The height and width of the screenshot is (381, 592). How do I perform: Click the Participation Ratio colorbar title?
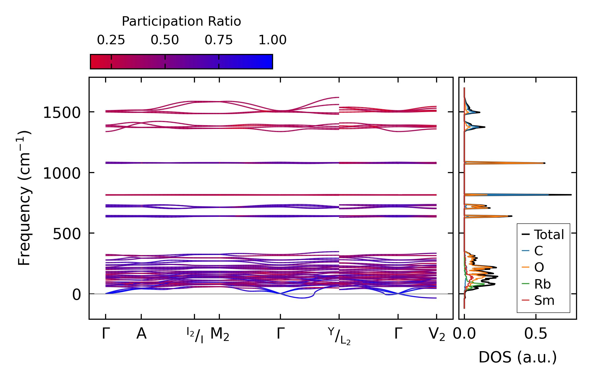pos(181,21)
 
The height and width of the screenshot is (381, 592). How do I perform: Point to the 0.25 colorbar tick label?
pos(111,40)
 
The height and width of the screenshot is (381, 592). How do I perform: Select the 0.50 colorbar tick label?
pos(165,40)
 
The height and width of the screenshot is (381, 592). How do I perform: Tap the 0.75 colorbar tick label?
pos(219,40)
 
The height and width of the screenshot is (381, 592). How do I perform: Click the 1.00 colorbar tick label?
pos(272,40)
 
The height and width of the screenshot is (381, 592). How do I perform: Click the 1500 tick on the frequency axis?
pos(62,113)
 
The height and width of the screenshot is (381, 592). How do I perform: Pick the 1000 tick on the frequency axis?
pos(62,174)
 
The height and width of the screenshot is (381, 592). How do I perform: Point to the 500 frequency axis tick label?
pos(67,234)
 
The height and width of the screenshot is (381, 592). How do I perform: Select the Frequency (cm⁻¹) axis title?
pos(24,198)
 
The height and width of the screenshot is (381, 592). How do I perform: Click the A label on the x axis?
pos(141,334)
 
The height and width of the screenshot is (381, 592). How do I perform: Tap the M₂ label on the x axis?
pos(220,334)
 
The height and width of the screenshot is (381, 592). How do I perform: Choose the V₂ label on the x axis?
pos(437,334)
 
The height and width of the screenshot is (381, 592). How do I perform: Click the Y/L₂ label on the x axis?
pos(339,336)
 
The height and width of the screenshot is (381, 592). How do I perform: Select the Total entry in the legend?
pos(549,235)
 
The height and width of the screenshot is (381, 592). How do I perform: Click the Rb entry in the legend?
pos(542,284)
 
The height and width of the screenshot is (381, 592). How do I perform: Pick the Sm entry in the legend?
pos(544,301)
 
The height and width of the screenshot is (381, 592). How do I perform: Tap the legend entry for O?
pos(539,268)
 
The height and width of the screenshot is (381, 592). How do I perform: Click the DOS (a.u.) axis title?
pos(518,357)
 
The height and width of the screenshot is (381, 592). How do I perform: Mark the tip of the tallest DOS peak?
pos(571,195)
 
